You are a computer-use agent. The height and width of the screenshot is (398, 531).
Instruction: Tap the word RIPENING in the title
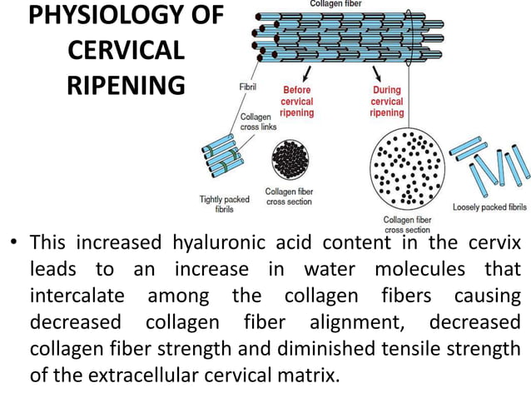pyautogui.click(x=127, y=85)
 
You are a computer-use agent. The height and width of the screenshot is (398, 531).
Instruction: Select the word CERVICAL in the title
pyautogui.click(x=127, y=50)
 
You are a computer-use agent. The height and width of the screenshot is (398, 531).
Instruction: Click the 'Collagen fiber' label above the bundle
pyautogui.click(x=336, y=3)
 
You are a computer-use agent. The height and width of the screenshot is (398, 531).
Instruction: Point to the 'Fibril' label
pyautogui.click(x=248, y=87)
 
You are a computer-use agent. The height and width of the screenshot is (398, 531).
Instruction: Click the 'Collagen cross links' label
pyautogui.click(x=258, y=122)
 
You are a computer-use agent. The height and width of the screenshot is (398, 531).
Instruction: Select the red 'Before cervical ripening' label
pyautogui.click(x=297, y=102)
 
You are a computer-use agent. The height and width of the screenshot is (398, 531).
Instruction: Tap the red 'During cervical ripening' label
pyautogui.click(x=387, y=102)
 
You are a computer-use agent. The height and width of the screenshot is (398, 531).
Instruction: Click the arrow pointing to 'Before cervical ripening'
pyautogui.click(x=306, y=73)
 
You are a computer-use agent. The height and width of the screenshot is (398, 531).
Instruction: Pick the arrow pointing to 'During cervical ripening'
pyautogui.click(x=376, y=73)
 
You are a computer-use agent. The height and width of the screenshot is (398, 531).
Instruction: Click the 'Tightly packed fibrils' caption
pyautogui.click(x=224, y=204)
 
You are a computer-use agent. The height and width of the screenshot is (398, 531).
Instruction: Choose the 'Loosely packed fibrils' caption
pyautogui.click(x=489, y=207)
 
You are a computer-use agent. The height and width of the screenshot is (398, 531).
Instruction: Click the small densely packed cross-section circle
pyautogui.click(x=290, y=160)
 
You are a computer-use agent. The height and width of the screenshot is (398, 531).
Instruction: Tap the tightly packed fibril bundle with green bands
pyautogui.click(x=222, y=156)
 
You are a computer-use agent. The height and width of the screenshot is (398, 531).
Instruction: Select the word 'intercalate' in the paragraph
pyautogui.click(x=77, y=296)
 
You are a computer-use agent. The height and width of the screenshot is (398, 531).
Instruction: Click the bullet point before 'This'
pyautogui.click(x=13, y=241)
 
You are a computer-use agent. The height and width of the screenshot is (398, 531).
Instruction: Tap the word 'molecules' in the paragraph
pyautogui.click(x=420, y=269)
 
